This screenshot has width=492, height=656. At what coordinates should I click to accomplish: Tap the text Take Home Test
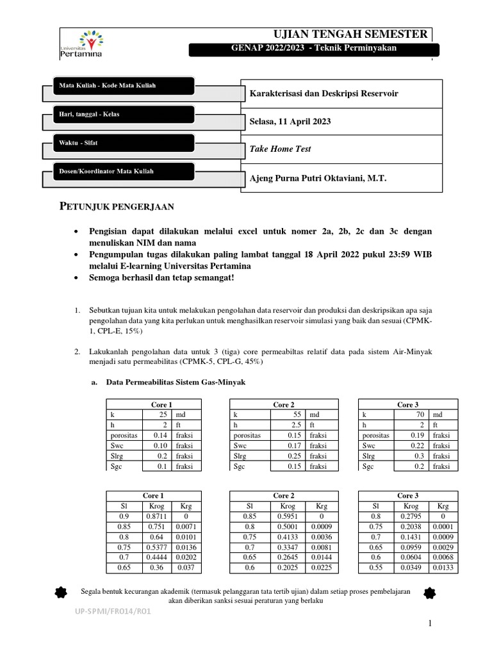click(x=280, y=149)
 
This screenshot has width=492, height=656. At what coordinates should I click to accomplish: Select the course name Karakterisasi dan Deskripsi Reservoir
click(x=324, y=94)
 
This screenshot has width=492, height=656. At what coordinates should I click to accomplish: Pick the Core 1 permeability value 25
click(x=162, y=414)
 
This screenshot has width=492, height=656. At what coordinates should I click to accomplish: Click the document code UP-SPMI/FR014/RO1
click(x=112, y=611)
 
